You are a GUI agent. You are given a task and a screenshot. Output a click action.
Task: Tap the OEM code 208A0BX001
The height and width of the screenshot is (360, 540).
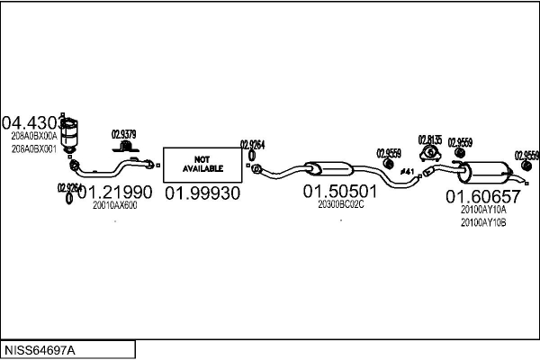[x=33, y=148]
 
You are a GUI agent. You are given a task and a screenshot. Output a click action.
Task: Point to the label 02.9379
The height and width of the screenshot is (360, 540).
[x=124, y=135]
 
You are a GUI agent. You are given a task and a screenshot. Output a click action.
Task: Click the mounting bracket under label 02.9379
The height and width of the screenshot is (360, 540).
[x=127, y=147]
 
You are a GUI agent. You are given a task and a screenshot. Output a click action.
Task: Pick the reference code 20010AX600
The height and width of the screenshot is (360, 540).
[x=114, y=205]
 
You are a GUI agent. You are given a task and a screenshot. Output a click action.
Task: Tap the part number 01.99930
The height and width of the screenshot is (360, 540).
[x=202, y=193]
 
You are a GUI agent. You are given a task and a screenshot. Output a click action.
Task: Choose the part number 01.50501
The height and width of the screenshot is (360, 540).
[x=339, y=191]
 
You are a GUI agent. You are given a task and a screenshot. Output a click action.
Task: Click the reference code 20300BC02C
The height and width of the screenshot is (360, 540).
[x=340, y=204]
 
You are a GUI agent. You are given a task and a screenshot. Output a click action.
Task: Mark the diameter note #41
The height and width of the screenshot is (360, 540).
[x=407, y=171]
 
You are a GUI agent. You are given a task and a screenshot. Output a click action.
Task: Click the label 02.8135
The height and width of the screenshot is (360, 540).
[x=429, y=139]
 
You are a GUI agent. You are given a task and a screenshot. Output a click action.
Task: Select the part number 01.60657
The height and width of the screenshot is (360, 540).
[x=483, y=196]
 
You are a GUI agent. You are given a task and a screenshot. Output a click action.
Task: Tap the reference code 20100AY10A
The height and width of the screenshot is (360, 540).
[x=483, y=210]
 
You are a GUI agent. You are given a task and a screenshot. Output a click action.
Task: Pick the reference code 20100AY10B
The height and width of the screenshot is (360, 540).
[x=483, y=221]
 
